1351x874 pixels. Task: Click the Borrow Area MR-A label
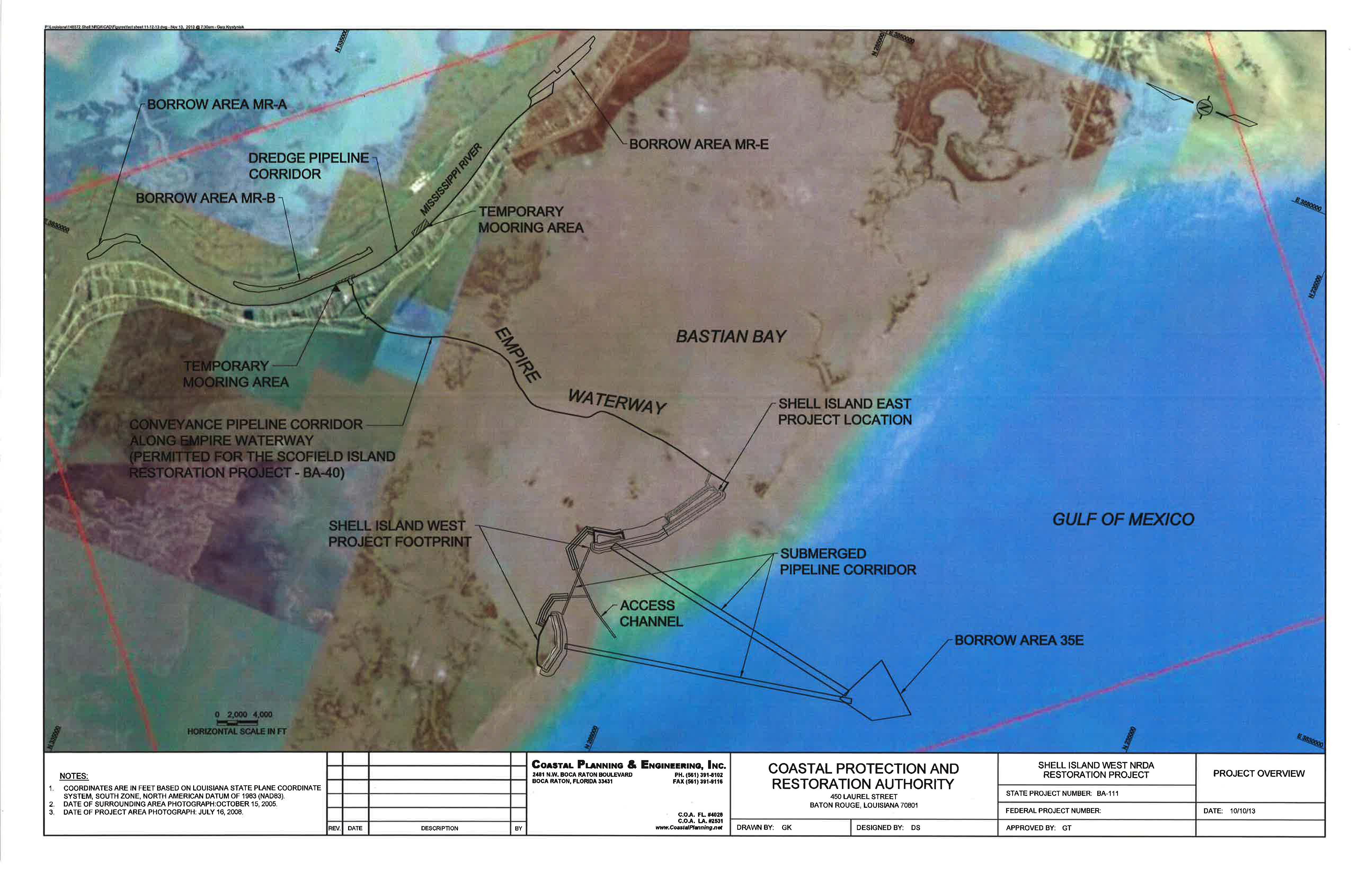[217, 104]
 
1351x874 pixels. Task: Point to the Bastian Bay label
[731, 337]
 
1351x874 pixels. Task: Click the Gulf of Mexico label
[1123, 519]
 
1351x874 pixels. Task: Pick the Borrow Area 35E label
[1019, 640]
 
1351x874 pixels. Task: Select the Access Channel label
[651, 613]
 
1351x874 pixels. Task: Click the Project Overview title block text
[1259, 774]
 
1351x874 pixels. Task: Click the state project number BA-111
[1108, 793]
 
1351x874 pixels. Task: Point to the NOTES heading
[74, 776]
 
